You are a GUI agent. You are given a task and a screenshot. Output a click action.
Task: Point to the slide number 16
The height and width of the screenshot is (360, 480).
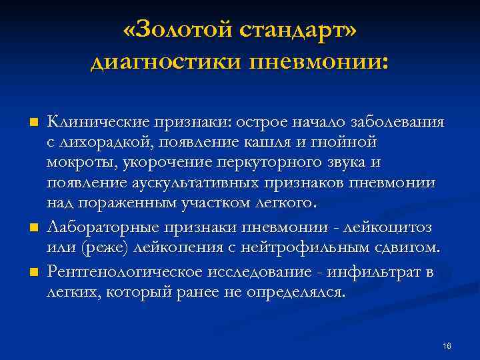[x=447, y=345]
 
